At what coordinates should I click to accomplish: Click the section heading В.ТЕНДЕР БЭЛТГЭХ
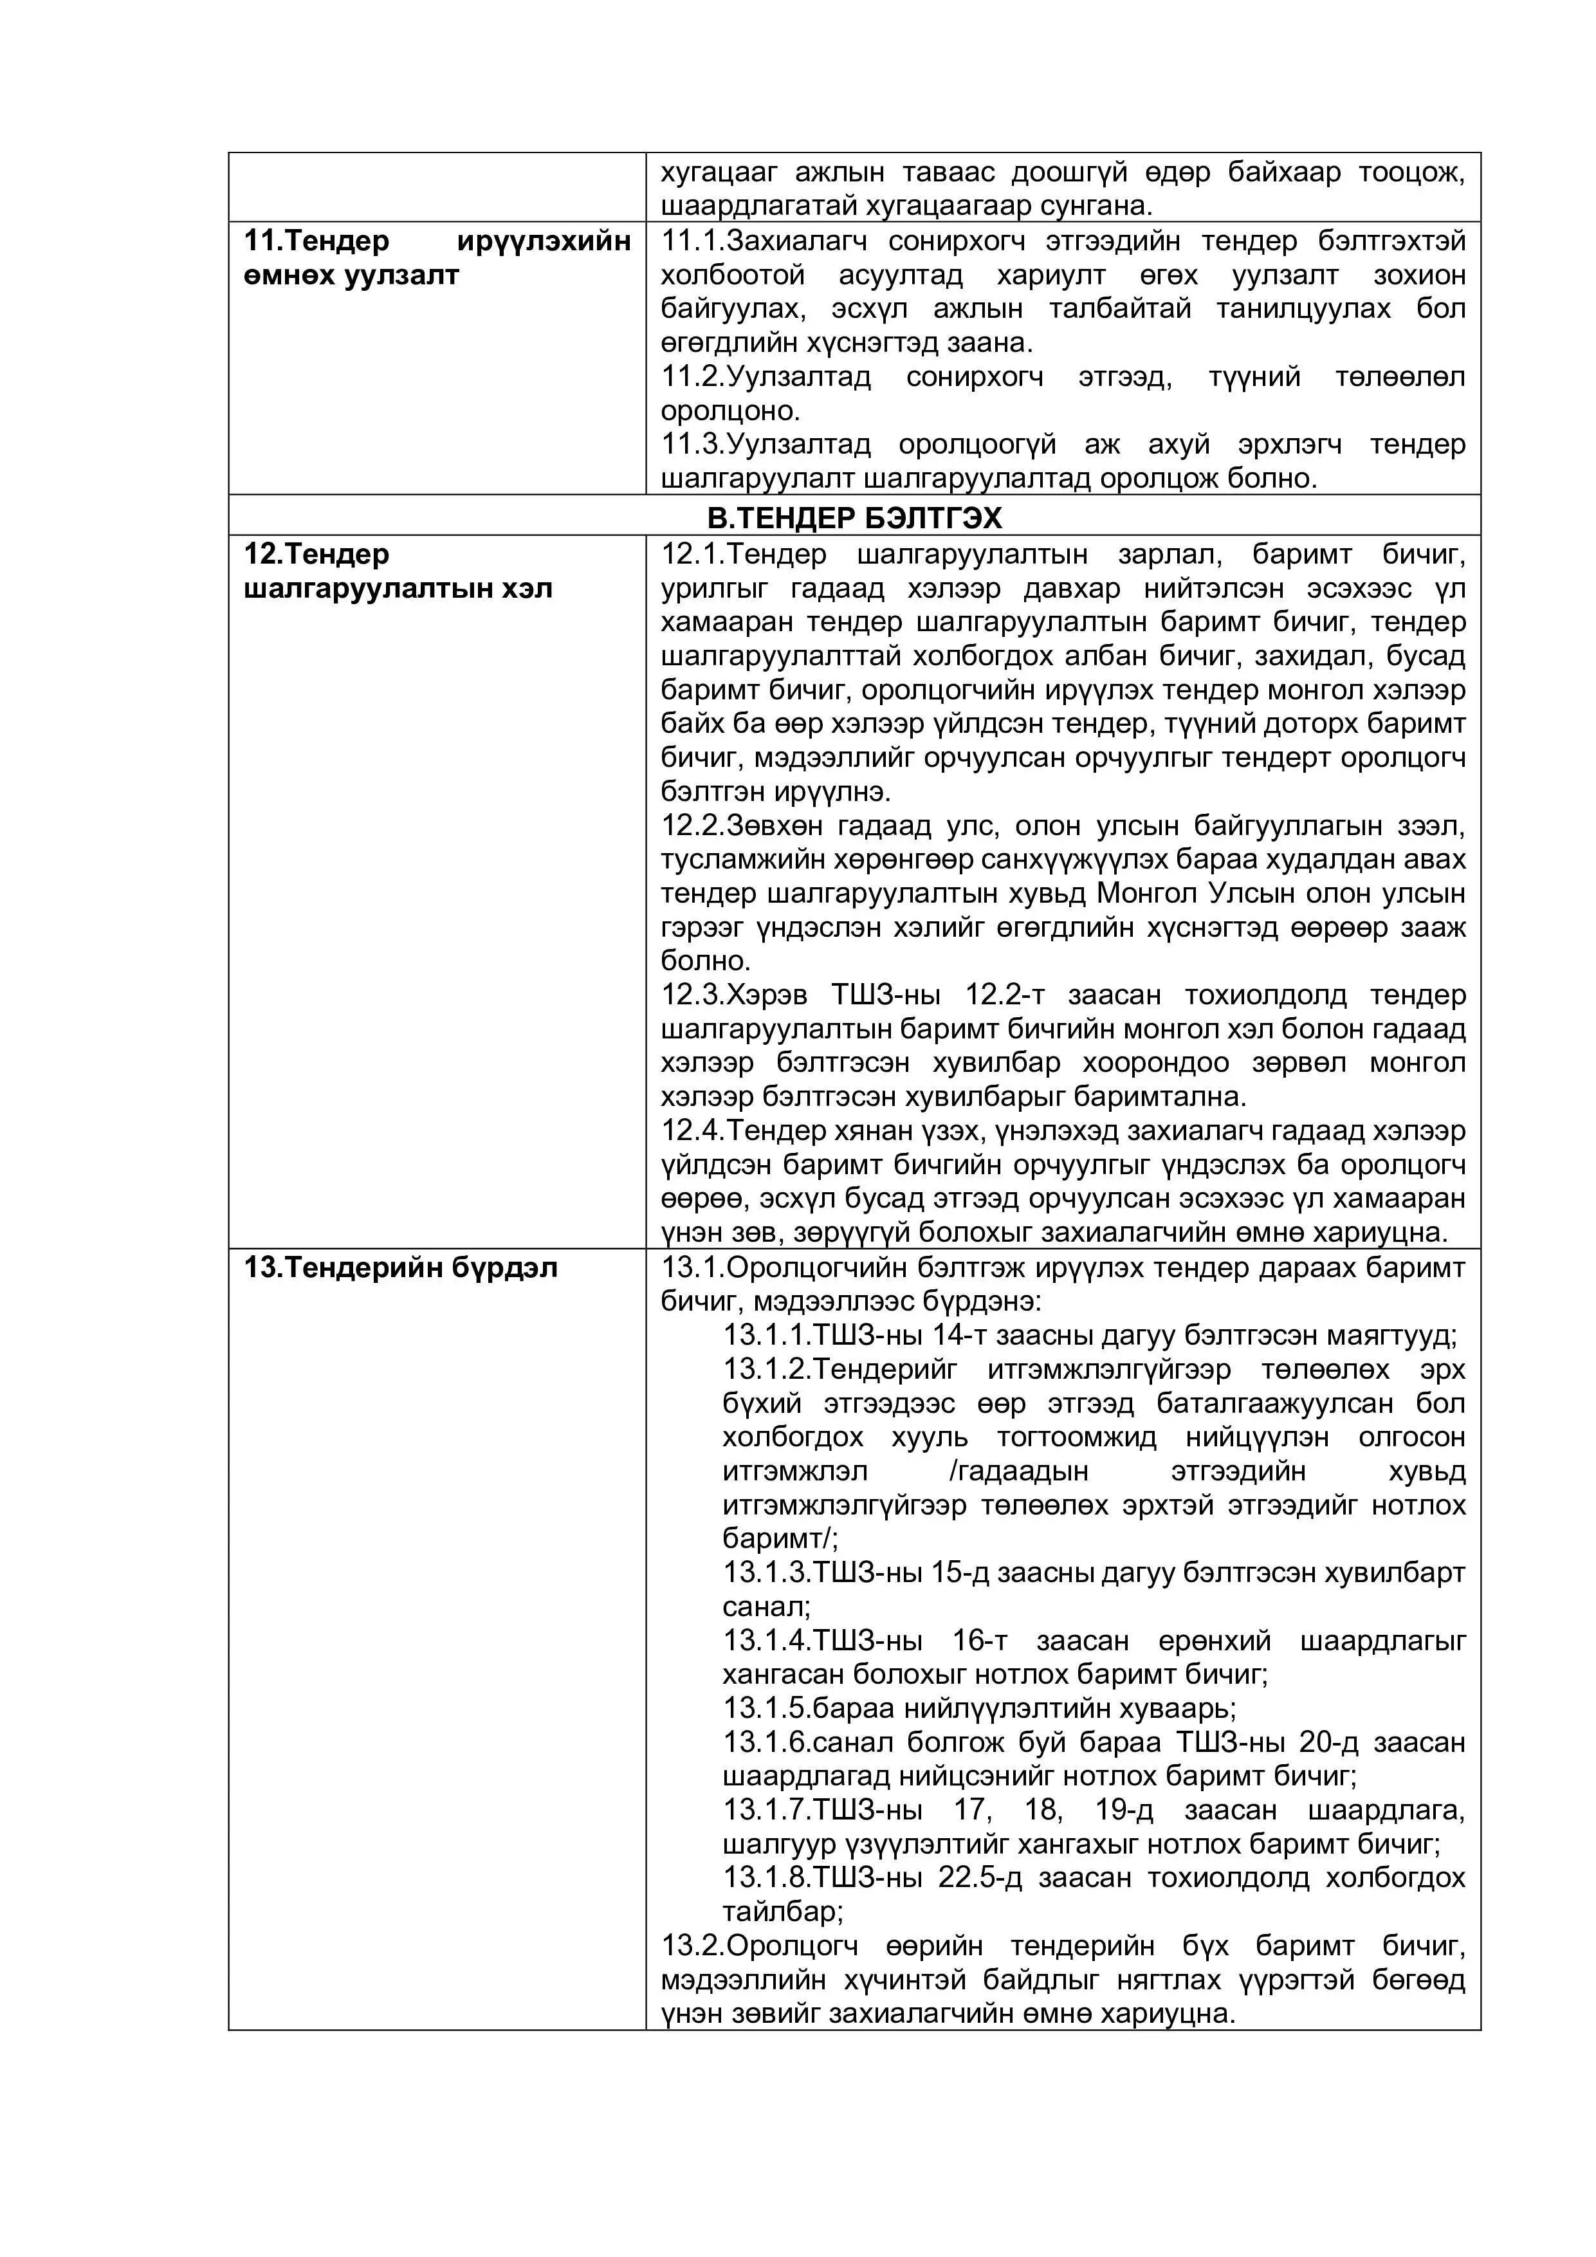tap(854, 517)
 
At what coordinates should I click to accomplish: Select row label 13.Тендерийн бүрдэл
tap(400, 1268)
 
